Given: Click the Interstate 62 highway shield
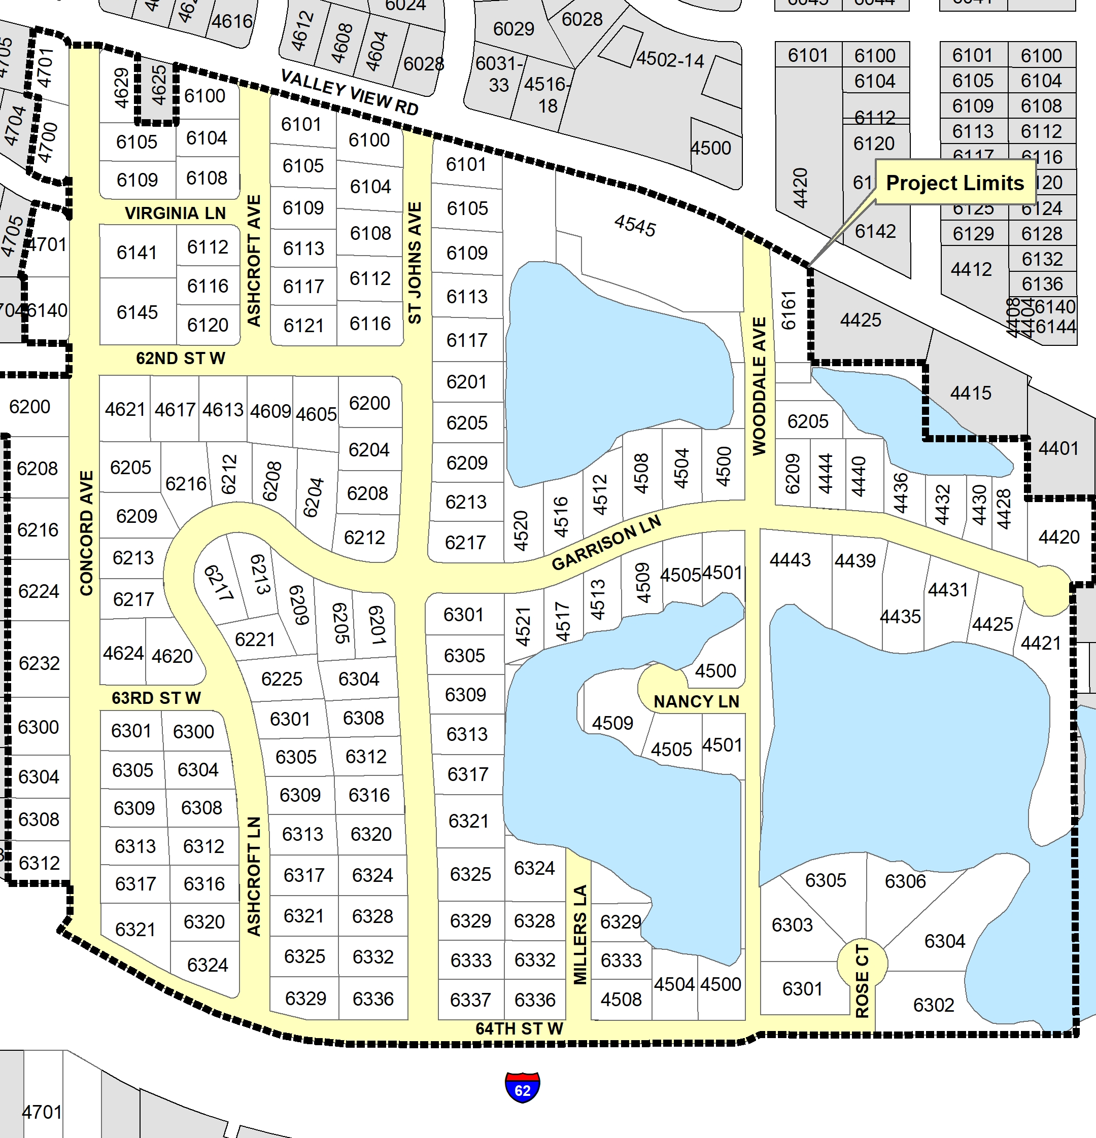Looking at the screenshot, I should click(522, 1087).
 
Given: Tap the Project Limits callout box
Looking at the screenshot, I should click(954, 183).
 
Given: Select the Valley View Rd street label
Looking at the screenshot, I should click(349, 92).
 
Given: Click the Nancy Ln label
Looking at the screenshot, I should click(696, 701).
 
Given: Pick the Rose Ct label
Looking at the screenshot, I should click(863, 981).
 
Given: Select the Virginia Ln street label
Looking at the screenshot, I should click(175, 213).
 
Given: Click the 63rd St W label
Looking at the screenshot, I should click(156, 697).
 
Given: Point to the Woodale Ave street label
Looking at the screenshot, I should click(759, 386).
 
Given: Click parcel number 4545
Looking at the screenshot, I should click(635, 225).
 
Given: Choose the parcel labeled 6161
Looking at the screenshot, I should click(788, 311).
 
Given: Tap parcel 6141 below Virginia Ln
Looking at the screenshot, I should click(136, 253).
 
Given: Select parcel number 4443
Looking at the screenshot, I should click(790, 560).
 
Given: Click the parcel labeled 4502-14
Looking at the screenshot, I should click(670, 60).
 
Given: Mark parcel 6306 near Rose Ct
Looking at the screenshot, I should click(904, 881).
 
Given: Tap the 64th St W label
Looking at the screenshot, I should click(519, 1028).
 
